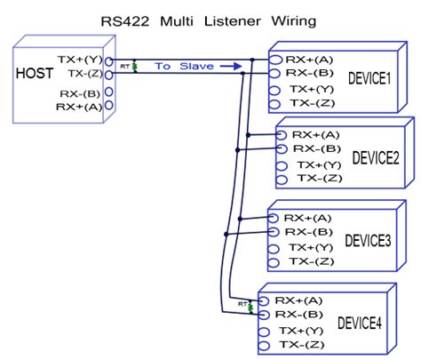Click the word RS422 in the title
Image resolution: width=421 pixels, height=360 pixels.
pos(125,21)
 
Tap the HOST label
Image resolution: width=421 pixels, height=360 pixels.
pos(35,73)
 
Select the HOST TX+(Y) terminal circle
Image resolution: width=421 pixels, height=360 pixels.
pos(109,61)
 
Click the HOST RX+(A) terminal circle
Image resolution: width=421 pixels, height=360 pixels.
pos(109,105)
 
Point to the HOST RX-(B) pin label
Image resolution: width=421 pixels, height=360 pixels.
pos(80,94)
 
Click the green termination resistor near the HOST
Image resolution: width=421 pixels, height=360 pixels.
pos(135,67)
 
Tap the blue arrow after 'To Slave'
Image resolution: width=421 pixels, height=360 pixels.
pos(231,66)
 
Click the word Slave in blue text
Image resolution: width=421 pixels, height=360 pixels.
pos(196,66)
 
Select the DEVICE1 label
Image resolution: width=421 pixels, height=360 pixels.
pos(369,78)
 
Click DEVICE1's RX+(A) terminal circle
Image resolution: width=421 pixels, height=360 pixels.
pos(275,60)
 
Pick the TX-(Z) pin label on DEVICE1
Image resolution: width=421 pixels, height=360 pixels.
pos(313,103)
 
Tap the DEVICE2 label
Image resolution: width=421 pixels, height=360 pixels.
pos(376,157)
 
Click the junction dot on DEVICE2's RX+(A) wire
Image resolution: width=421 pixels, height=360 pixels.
pos(248,135)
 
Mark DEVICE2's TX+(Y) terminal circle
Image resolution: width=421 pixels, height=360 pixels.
pos(282,165)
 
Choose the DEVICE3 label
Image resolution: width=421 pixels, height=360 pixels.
pos(368,240)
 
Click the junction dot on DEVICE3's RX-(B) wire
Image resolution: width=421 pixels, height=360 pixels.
pos(226,235)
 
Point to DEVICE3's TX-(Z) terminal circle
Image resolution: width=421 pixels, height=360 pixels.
pos(274,262)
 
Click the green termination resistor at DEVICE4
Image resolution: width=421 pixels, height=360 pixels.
pos(250,308)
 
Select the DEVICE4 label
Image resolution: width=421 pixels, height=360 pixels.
pos(360,323)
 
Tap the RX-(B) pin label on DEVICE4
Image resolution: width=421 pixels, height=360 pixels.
pos(298,315)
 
